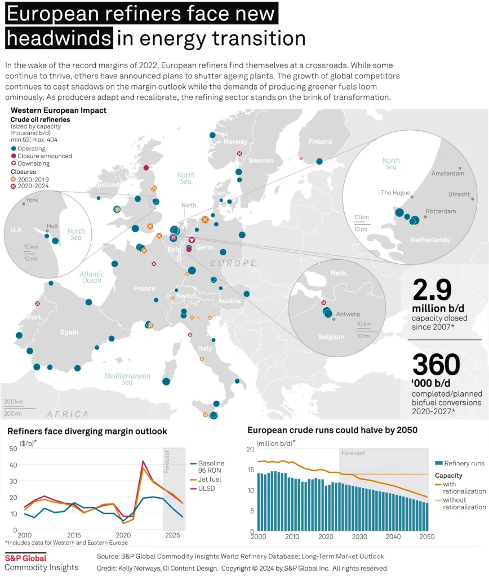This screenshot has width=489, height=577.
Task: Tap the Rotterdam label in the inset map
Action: [441, 211]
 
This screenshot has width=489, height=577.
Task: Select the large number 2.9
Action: [433, 290]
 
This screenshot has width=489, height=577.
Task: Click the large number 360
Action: [437, 365]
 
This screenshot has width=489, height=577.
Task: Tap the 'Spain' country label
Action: [69, 332]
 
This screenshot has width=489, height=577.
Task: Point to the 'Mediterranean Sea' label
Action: [127, 379]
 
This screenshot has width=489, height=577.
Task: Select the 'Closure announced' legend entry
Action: [45, 156]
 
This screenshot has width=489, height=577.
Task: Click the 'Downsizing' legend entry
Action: [41, 163]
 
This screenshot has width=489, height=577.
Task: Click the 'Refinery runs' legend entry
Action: [464, 463]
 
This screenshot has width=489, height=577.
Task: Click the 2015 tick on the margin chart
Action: [74, 534]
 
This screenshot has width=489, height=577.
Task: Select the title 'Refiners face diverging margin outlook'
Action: [87, 432]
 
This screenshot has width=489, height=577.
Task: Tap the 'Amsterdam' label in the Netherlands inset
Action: [447, 174]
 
